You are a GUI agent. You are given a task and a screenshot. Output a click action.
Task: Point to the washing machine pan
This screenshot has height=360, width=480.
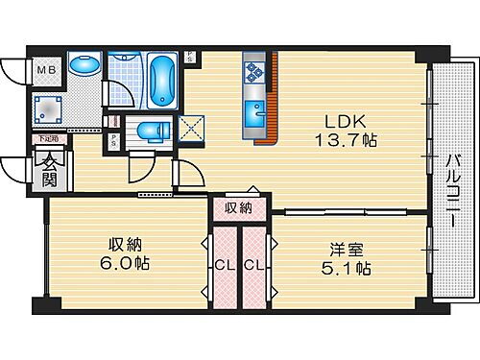point(46,108)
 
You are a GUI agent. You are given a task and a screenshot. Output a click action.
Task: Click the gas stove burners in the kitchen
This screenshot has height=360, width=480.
point(255,68)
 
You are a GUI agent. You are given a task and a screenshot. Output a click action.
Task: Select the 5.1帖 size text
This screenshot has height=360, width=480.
point(349,271)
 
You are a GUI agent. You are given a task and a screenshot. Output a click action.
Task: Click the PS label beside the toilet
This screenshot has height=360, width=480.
point(115,138)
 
